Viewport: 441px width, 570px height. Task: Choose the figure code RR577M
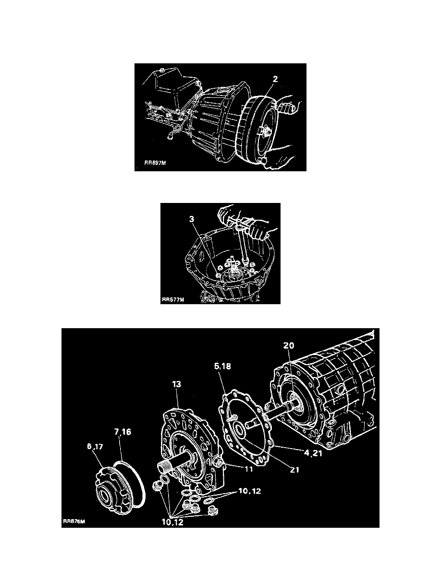pos(172,301)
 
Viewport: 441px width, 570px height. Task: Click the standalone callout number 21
pos(294,470)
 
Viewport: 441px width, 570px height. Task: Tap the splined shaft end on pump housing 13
pos(163,466)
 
